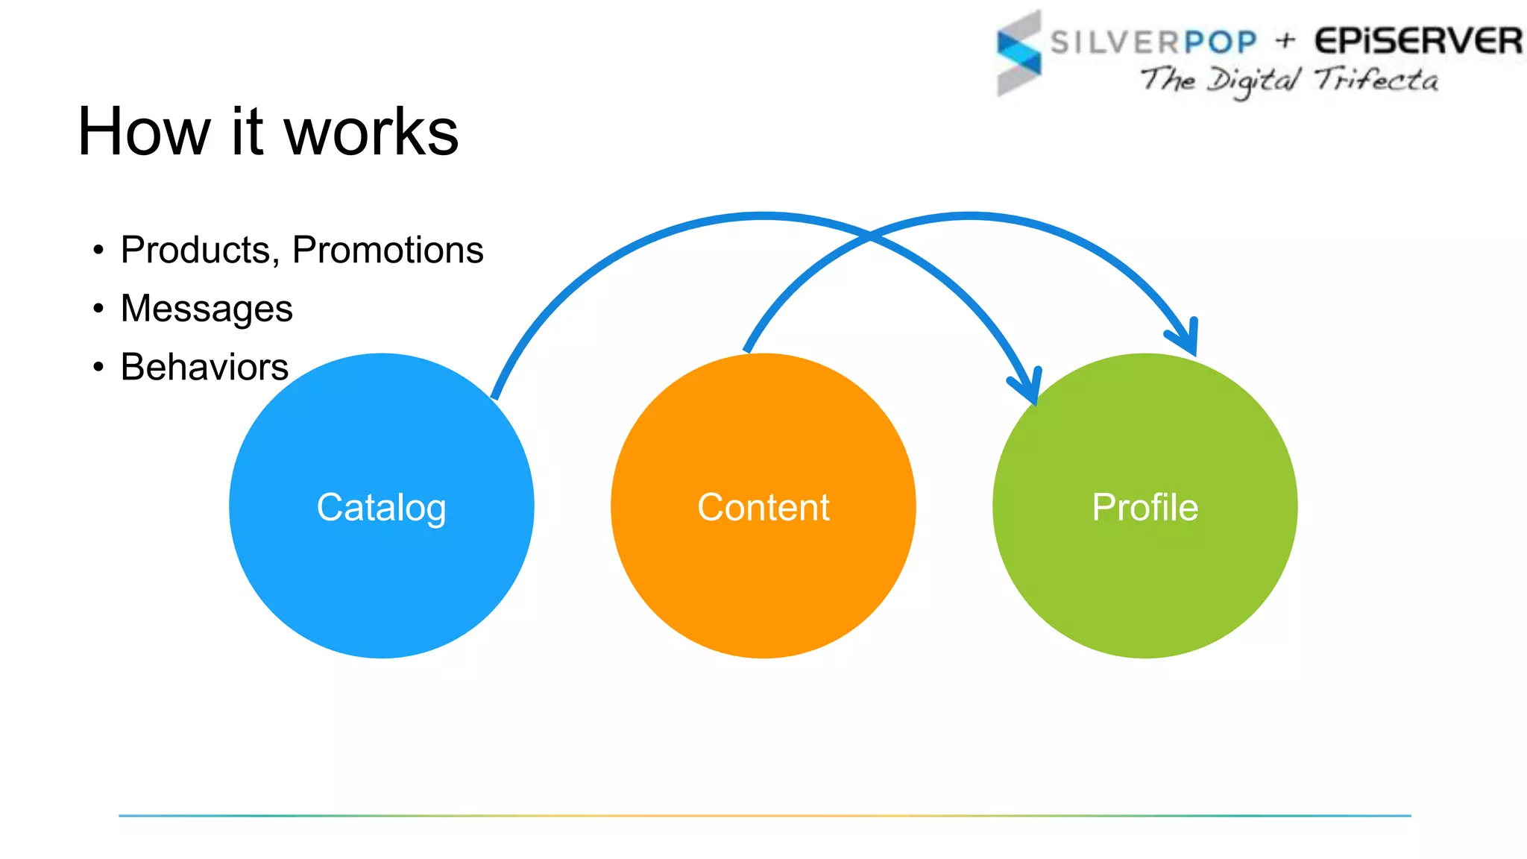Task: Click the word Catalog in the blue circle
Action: [381, 508]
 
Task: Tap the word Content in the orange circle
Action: [763, 508]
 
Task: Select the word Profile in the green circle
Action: [1145, 508]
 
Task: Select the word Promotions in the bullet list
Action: [388, 250]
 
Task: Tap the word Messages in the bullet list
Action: [207, 309]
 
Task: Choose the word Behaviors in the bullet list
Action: [204, 367]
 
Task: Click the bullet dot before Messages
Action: [98, 308]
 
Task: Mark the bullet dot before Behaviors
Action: [98, 367]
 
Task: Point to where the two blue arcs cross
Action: [869, 237]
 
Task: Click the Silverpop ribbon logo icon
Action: [1018, 53]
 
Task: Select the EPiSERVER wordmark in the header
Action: [1417, 41]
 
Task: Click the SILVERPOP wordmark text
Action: [1153, 43]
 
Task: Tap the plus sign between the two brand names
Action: [1285, 40]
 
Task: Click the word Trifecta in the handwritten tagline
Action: [1376, 79]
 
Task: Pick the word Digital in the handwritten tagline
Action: [1253, 81]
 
